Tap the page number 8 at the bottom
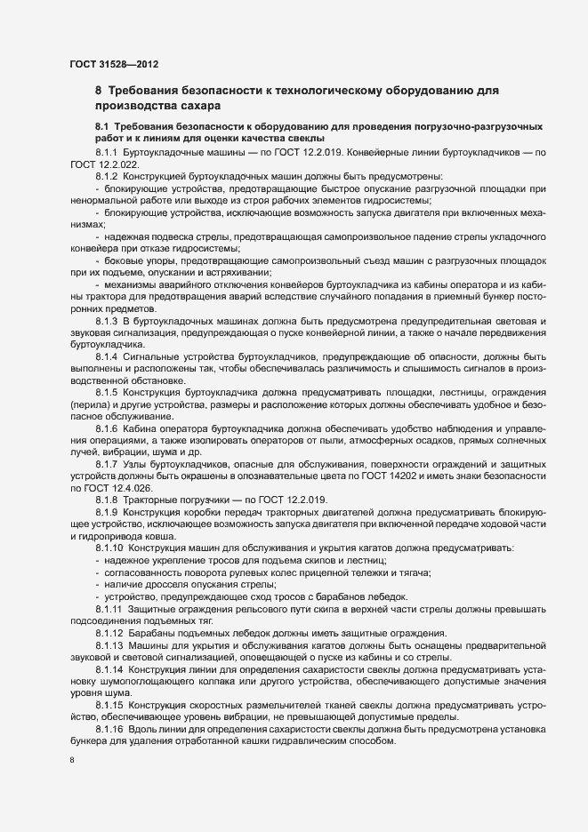click(72, 761)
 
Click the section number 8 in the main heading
click(99, 91)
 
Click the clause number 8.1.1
click(106, 154)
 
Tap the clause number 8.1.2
click(106, 175)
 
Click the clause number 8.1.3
click(106, 319)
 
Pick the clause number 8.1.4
click(106, 356)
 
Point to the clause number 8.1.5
click(106, 391)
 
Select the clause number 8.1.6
click(106, 428)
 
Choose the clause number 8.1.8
click(106, 499)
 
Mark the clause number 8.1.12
click(109, 631)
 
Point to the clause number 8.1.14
click(109, 668)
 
